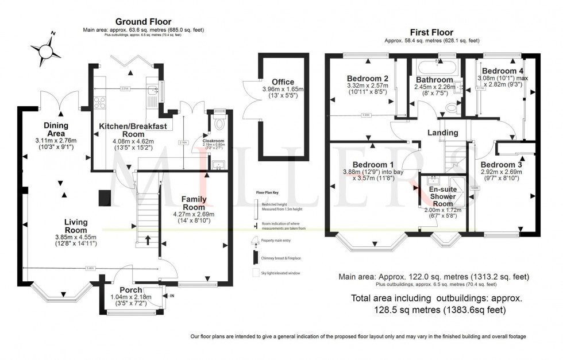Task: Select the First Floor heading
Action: coord(431,32)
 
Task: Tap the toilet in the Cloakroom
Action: coord(218,123)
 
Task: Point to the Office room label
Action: coord(282,82)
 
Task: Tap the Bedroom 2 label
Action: coord(368,79)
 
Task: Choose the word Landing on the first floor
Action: coord(443,133)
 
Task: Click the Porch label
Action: coord(130,289)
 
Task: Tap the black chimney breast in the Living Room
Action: coord(104,197)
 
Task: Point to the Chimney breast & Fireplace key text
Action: coord(282,258)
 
